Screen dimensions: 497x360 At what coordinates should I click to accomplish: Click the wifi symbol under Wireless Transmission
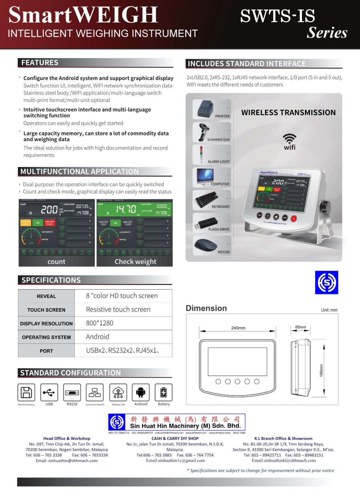(x=289, y=138)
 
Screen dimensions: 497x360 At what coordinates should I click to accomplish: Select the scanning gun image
(x=204, y=132)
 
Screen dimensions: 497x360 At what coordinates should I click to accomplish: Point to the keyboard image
(x=205, y=199)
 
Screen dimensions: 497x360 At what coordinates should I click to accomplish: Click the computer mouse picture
(x=205, y=245)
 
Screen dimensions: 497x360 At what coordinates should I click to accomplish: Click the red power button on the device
(x=293, y=219)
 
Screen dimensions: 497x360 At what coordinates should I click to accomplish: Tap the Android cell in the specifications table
(x=98, y=337)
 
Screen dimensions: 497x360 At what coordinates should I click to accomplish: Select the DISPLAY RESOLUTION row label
(x=46, y=324)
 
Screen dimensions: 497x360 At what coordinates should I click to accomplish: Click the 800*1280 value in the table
(x=99, y=323)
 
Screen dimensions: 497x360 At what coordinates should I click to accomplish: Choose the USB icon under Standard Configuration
(x=49, y=393)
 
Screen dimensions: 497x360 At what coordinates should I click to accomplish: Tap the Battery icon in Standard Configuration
(x=164, y=393)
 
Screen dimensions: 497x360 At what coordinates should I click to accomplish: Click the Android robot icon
(x=141, y=392)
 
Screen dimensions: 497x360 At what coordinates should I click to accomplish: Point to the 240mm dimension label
(x=238, y=328)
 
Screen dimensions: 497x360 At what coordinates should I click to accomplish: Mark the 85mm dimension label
(x=301, y=327)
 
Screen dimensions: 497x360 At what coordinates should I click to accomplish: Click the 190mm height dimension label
(x=321, y=370)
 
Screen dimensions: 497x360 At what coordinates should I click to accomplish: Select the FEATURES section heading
(x=40, y=63)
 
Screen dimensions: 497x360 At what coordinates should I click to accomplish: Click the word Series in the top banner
(x=327, y=33)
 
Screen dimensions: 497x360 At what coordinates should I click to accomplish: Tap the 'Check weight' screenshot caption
(x=135, y=262)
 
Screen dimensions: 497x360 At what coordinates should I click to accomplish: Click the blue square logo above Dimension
(x=326, y=282)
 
